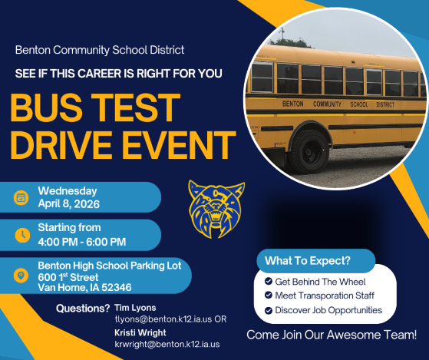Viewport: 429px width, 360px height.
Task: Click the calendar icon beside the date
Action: point(21,197)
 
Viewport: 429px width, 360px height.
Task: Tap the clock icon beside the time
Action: point(21,235)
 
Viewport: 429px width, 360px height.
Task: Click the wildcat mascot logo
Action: point(216,208)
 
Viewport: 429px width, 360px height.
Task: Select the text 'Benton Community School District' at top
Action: point(100,50)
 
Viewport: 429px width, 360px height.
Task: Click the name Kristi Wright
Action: point(140,334)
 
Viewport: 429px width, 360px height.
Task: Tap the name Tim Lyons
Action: point(135,308)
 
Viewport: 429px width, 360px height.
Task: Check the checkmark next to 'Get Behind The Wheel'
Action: point(267,282)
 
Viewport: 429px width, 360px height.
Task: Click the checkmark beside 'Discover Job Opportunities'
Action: point(267,310)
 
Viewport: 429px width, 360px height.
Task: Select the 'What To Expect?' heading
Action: point(305,261)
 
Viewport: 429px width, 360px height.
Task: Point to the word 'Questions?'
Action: point(83,309)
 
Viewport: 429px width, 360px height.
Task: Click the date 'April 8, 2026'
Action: point(70,203)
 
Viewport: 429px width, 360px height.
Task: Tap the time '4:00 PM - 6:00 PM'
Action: point(82,242)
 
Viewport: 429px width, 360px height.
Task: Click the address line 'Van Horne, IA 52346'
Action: point(84,288)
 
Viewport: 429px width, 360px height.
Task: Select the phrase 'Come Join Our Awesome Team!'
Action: point(337,335)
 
